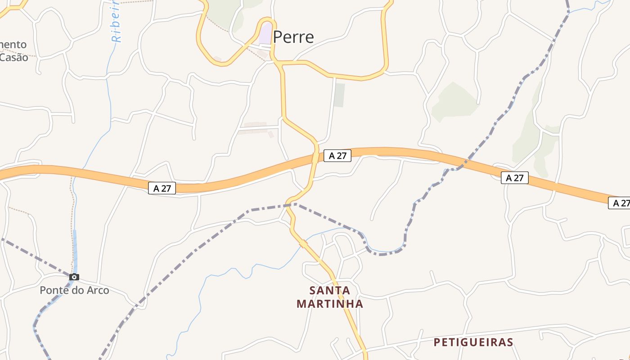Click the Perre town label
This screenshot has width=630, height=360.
point(293,37)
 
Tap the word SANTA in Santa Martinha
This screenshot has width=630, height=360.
point(330,290)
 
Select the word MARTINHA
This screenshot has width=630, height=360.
point(330,304)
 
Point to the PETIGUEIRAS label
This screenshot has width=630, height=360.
point(473,342)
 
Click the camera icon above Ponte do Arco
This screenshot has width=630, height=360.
point(74,277)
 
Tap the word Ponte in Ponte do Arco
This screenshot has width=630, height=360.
point(53,290)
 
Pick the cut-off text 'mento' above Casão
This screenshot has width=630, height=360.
point(13,45)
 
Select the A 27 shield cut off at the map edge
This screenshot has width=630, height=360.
point(620,203)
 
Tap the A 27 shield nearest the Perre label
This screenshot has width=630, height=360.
point(337,156)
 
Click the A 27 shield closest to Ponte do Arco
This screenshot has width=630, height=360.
point(162,188)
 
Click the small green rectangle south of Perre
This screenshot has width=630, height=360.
point(339,95)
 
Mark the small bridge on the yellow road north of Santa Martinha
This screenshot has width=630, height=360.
point(303,244)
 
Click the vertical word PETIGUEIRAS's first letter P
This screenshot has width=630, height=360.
point(437,342)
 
